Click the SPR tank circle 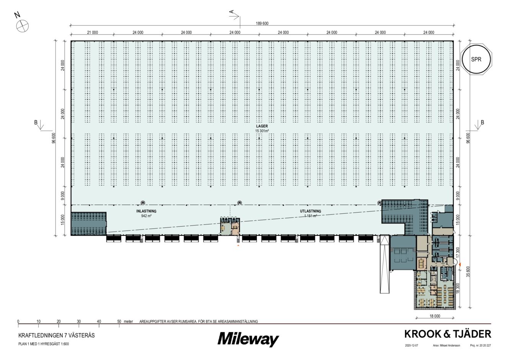(x=476, y=59)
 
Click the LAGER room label (x=262, y=126)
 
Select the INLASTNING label (x=147, y=211)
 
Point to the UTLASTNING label (x=310, y=211)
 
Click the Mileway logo (x=248, y=339)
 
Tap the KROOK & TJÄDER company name (x=447, y=334)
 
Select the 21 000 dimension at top (x=92, y=33)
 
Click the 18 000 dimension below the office (x=435, y=316)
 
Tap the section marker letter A (x=232, y=12)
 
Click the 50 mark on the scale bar (x=119, y=321)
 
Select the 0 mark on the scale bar (x=18, y=321)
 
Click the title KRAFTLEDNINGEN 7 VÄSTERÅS (x=56, y=335)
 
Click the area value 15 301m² (x=262, y=131)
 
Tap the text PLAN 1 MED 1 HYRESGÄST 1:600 (x=43, y=344)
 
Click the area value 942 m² (x=147, y=216)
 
